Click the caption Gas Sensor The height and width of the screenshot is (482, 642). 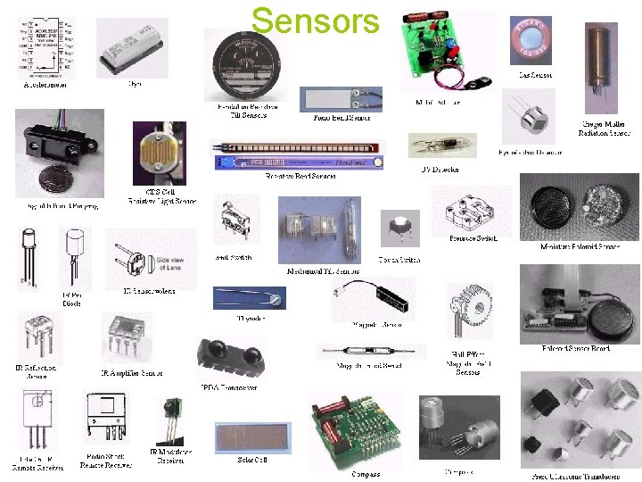[x=536, y=75]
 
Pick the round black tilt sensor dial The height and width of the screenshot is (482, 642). [x=247, y=64]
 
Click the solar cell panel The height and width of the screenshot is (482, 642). [x=252, y=438]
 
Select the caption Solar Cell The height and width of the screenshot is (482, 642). [x=252, y=461]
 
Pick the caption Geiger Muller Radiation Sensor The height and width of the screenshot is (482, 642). [x=603, y=129]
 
